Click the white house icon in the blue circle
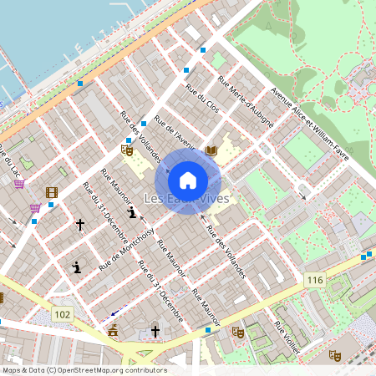click(188, 180)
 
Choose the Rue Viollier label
click(288, 334)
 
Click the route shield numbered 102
click(61, 313)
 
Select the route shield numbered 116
click(314, 280)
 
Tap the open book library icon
click(211, 150)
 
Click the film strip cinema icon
click(53, 193)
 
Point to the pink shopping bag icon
click(19, 183)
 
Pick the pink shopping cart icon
click(35, 207)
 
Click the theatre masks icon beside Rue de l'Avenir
click(127, 150)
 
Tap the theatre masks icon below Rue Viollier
click(335, 355)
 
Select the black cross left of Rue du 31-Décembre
click(80, 225)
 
